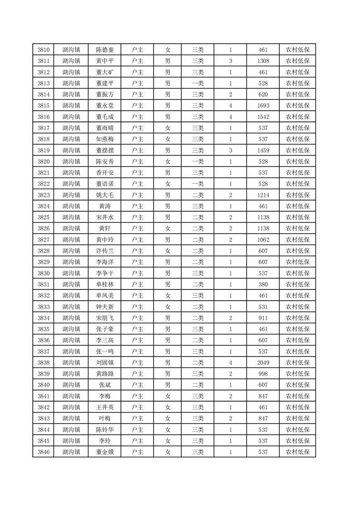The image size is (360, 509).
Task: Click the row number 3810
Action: tap(44, 50)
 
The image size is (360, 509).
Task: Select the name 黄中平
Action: tap(104, 61)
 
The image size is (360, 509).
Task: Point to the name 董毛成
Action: tap(104, 117)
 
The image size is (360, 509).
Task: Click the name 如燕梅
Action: tap(104, 139)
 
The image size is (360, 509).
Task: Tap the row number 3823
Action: tap(44, 195)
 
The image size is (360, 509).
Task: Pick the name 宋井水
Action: tap(104, 217)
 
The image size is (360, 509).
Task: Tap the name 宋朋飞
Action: tap(104, 318)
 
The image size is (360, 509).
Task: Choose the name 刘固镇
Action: tap(104, 362)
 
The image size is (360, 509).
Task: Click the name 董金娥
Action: tap(104, 452)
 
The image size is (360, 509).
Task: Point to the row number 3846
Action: tap(44, 452)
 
